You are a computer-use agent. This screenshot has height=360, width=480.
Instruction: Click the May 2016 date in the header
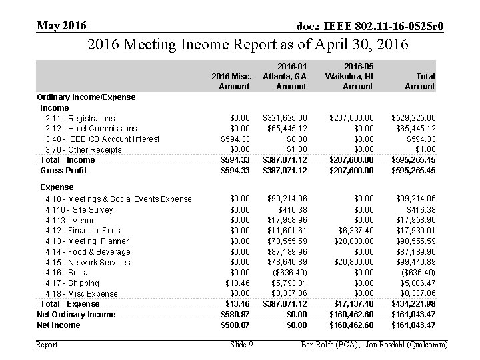pyautogui.click(x=61, y=25)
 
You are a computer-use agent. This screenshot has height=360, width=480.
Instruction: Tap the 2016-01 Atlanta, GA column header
pyautogui.click(x=285, y=76)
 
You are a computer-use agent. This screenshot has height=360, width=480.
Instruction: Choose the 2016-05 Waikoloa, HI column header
pyautogui.click(x=349, y=76)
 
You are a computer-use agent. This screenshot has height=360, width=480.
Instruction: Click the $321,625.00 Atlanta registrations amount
pyautogui.click(x=287, y=118)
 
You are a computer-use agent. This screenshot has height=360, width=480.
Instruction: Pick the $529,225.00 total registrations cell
pyautogui.click(x=414, y=118)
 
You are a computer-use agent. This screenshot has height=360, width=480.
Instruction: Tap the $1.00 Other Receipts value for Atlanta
pyautogui.click(x=297, y=149)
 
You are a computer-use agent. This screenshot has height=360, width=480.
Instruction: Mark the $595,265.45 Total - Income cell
pyautogui.click(x=414, y=160)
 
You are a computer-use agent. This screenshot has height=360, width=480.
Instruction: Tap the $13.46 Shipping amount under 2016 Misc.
pyautogui.click(x=237, y=283)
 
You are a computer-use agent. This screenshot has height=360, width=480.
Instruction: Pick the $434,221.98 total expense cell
pyautogui.click(x=414, y=304)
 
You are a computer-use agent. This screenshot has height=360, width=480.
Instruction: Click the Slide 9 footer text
pyautogui.click(x=241, y=345)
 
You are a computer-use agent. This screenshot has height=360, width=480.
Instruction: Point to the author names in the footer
pyautogui.click(x=375, y=345)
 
